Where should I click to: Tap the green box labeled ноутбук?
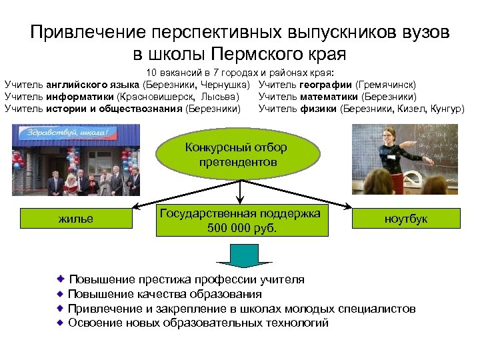(x=406, y=219)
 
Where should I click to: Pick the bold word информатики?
(x=75, y=97)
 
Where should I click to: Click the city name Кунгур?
(x=446, y=109)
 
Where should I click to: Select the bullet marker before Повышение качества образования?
(x=61, y=293)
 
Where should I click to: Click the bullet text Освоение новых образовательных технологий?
(x=198, y=323)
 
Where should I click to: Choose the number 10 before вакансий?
(x=151, y=73)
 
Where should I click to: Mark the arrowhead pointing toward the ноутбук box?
(x=348, y=207)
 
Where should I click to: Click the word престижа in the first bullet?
(x=155, y=279)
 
